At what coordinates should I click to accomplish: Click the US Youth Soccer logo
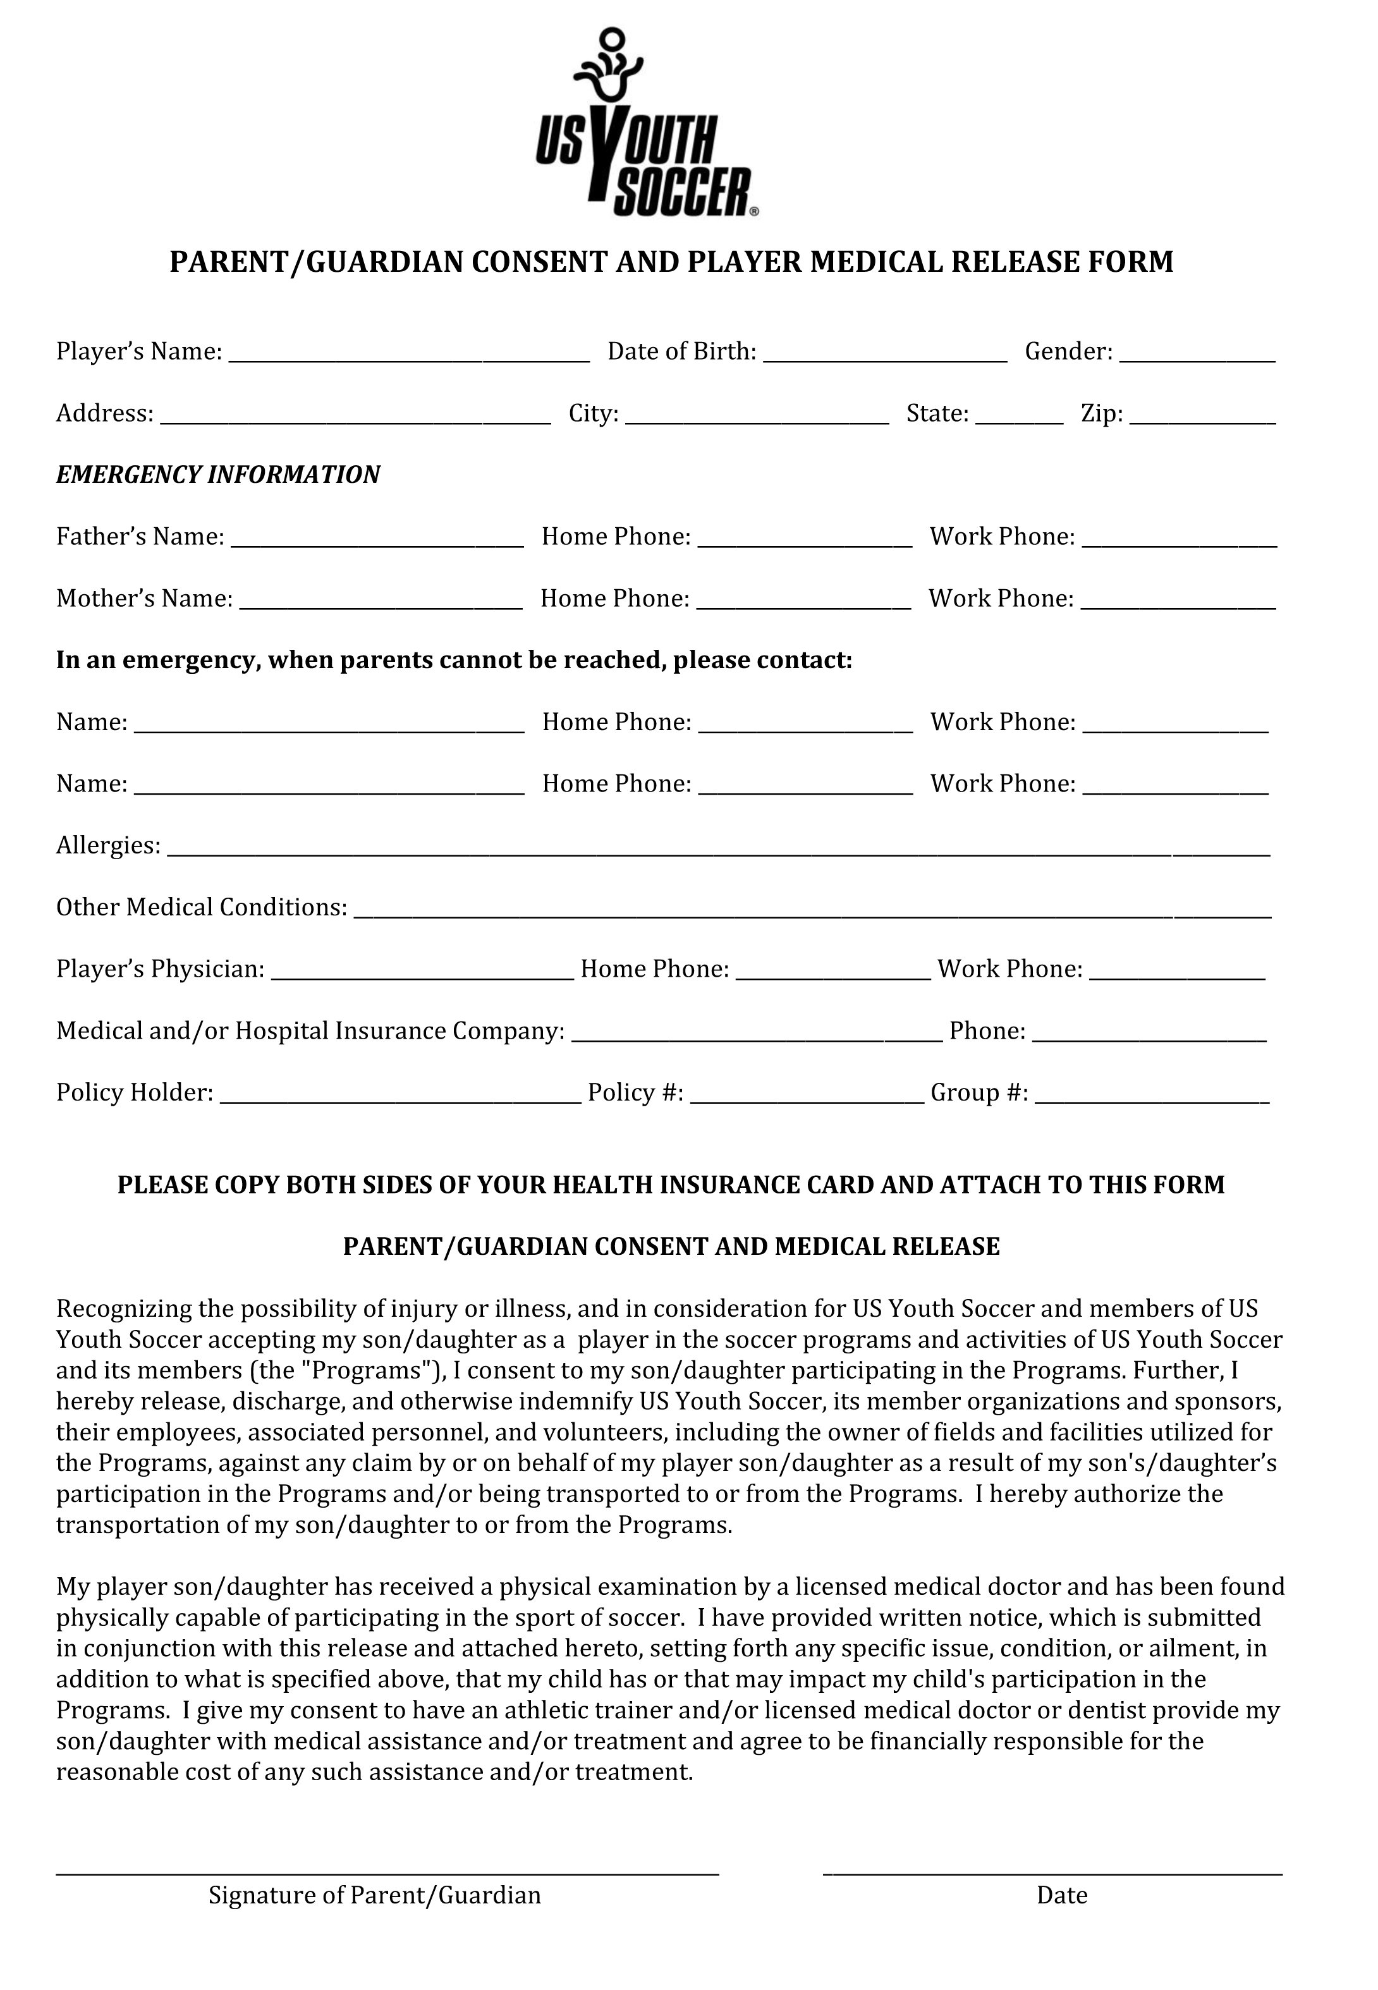click(x=647, y=123)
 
